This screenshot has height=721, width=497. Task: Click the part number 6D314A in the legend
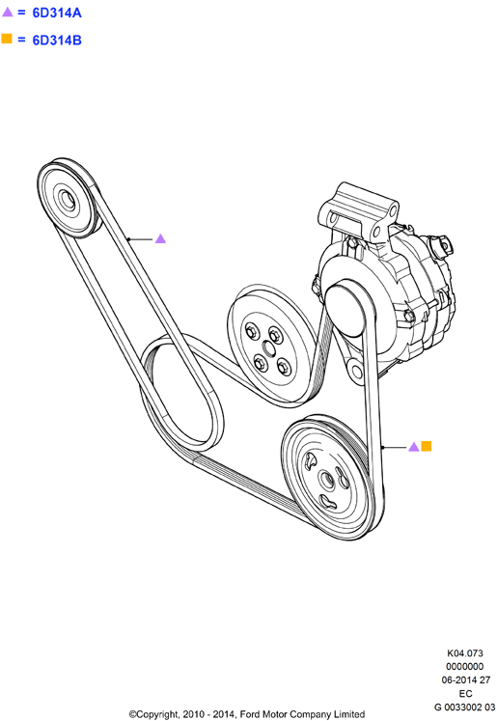point(57,13)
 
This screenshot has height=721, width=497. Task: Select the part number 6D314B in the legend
point(57,41)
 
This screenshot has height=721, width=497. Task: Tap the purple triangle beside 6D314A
point(8,12)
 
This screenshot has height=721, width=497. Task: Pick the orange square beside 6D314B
point(7,39)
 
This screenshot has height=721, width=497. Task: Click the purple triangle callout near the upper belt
point(160,238)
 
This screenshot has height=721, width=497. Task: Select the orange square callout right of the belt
point(427,446)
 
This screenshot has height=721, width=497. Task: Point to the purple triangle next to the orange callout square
point(414,447)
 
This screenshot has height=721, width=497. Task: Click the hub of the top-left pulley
point(69,200)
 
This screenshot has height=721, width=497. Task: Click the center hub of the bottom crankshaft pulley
point(327,480)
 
